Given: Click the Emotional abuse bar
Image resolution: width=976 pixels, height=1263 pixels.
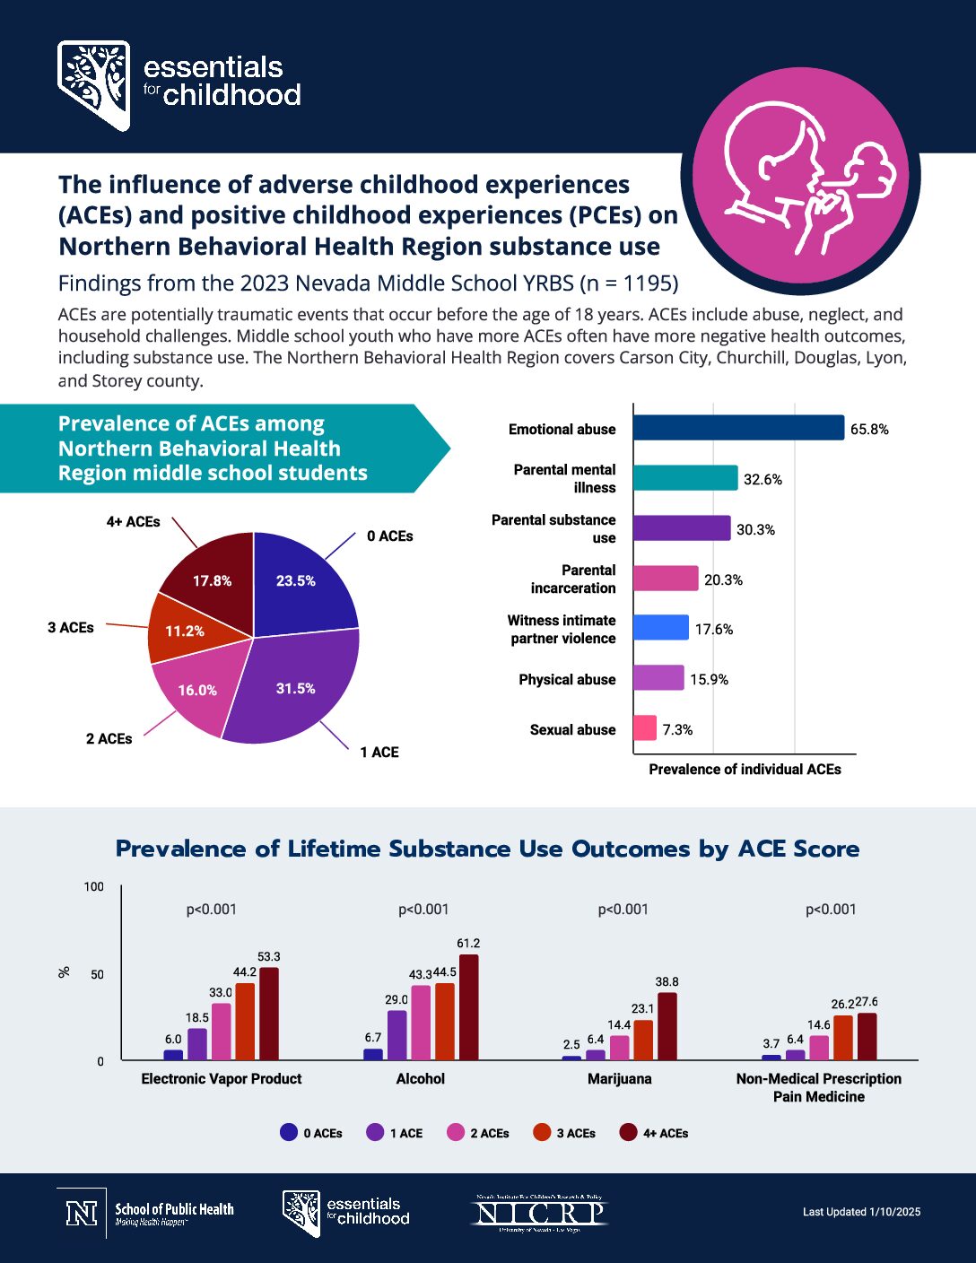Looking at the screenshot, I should (x=737, y=428).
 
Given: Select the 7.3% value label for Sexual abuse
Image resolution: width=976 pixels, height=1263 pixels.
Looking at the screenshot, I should (x=677, y=729).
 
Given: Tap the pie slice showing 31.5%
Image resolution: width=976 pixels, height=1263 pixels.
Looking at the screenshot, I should (x=296, y=688).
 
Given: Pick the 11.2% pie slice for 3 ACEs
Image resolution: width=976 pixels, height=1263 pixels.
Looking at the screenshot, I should (x=185, y=631).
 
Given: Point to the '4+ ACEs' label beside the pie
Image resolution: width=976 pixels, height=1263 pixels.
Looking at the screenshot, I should (x=133, y=521).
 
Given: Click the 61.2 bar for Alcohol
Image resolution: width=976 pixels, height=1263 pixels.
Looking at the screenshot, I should (x=468, y=1006).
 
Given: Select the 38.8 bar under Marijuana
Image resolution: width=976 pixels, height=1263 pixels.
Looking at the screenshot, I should (x=667, y=1026).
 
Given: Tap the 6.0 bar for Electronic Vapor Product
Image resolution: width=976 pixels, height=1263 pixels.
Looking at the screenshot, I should (x=173, y=1055).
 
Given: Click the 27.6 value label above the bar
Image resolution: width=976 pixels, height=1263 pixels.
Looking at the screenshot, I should (x=867, y=1001).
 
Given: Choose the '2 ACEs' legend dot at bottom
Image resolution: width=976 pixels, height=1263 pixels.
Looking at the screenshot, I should (x=456, y=1132).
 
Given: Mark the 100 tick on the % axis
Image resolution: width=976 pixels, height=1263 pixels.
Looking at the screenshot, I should (x=94, y=886).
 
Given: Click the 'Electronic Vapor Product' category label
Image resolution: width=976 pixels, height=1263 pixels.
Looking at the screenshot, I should (x=222, y=1078).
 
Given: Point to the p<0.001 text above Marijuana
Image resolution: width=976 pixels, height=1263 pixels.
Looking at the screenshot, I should (x=623, y=909).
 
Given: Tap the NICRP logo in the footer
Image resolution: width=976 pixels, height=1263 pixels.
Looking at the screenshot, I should (x=540, y=1213).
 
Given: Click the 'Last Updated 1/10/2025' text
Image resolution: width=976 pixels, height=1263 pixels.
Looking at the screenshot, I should (x=861, y=1211).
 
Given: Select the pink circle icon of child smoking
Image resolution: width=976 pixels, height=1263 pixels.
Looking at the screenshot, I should (x=800, y=178).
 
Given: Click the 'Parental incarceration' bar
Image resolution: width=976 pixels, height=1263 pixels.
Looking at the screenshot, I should (x=665, y=579).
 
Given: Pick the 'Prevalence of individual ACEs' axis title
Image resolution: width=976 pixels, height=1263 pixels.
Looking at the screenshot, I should (x=745, y=769).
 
